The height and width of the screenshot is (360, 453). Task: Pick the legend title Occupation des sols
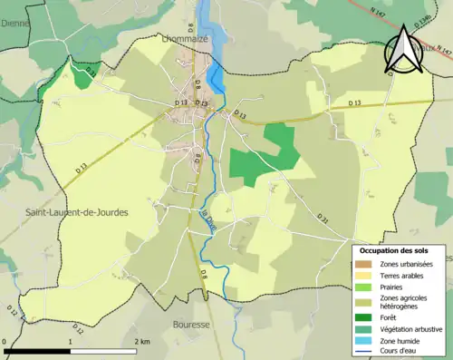[394, 250]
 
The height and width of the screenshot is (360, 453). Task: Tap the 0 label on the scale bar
[5, 341]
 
